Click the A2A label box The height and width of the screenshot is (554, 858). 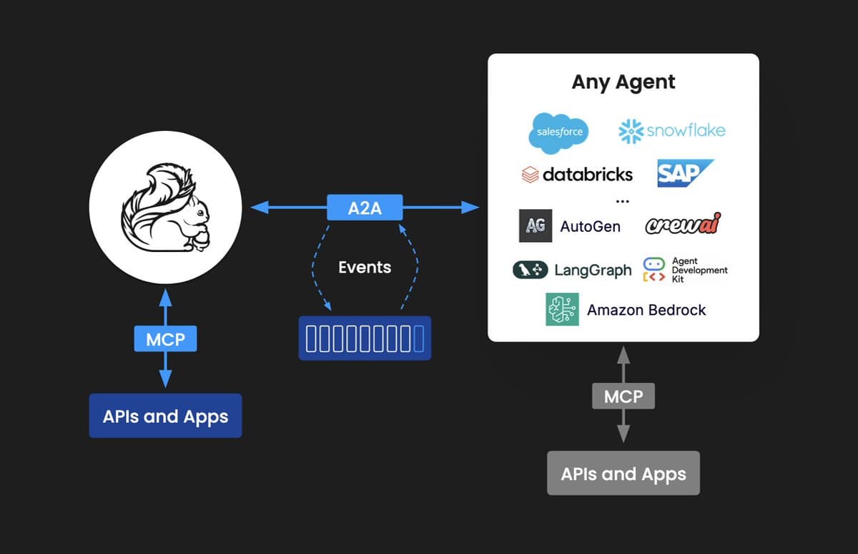click(365, 208)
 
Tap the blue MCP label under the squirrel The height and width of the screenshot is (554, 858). click(165, 339)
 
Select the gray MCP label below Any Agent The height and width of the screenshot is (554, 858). click(623, 396)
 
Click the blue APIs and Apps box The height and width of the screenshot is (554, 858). click(165, 416)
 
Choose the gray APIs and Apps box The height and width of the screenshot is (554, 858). click(623, 473)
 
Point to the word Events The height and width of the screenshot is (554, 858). click(365, 268)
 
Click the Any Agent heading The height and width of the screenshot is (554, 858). click(623, 82)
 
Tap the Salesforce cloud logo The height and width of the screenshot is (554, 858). click(560, 132)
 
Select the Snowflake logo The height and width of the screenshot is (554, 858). click(672, 130)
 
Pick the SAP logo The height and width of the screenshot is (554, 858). click(682, 173)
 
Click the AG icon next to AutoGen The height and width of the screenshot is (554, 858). click(536, 226)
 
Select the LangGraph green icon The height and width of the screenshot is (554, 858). click(531, 270)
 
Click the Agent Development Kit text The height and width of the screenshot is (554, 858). click(699, 270)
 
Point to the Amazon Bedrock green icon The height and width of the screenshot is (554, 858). click(562, 309)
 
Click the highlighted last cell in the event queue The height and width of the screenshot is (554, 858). click(418, 338)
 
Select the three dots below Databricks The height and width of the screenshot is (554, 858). click(622, 201)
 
